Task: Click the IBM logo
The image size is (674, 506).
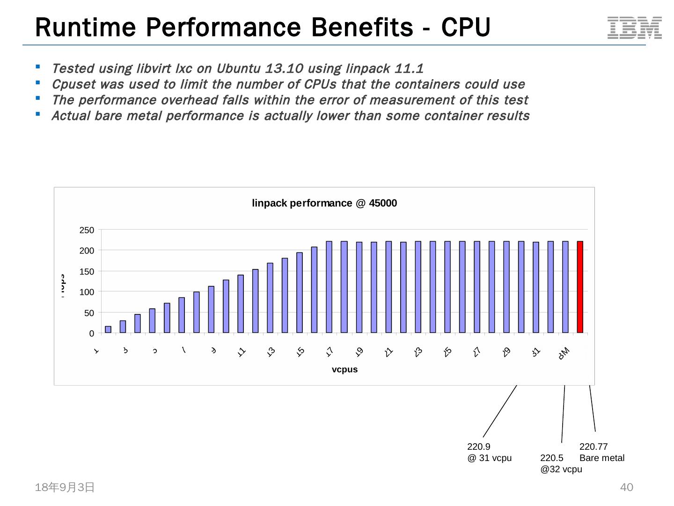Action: [634, 28]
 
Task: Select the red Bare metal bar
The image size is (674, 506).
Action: [580, 287]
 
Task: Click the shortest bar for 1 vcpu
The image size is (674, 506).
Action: [108, 329]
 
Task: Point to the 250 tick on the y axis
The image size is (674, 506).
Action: [87, 230]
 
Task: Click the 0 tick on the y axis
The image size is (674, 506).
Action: [92, 334]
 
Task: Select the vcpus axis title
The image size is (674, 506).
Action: [344, 369]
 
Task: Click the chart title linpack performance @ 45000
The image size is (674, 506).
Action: [324, 203]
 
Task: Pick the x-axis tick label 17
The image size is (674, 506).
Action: [330, 352]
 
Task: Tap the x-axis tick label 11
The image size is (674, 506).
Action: [242, 352]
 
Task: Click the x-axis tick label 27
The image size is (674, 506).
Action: [477, 352]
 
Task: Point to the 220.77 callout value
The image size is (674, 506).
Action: [593, 446]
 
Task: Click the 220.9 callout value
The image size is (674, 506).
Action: [478, 446]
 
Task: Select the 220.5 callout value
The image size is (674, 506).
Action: [551, 458]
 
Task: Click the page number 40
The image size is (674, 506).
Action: [626, 487]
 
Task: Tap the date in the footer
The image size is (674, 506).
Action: [65, 487]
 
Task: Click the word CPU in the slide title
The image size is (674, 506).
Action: [465, 27]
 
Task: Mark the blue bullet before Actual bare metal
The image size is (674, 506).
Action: [38, 114]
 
